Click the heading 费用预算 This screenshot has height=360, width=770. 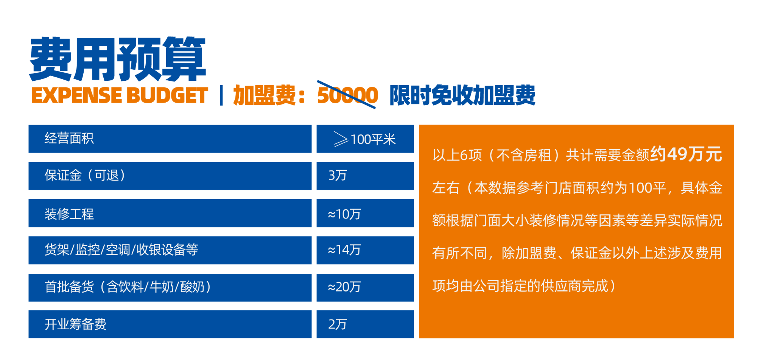click(118, 59)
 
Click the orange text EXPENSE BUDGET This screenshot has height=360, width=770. click(120, 96)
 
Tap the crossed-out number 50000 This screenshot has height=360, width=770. click(348, 95)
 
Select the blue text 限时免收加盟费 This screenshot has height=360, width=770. click(462, 95)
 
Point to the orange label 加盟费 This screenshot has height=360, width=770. click(264, 95)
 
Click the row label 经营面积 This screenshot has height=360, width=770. click(69, 139)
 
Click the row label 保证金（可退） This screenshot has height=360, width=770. click(86, 176)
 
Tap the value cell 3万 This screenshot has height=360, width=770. click(337, 176)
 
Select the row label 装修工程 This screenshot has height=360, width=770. click(69, 214)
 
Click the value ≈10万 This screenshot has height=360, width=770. click(344, 214)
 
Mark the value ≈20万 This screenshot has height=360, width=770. click(344, 287)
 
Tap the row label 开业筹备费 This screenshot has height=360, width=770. click(76, 324)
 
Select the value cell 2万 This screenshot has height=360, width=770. click(337, 324)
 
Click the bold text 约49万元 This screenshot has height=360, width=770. click(686, 154)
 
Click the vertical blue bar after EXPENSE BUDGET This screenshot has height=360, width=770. click(221, 96)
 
